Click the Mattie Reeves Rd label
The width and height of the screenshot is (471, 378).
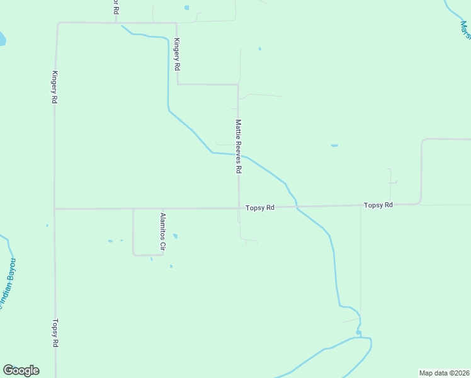[239, 146]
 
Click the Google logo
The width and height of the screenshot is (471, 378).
[21, 370]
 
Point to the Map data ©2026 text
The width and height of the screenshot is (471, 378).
[444, 373]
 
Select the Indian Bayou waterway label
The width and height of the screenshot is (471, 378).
[8, 283]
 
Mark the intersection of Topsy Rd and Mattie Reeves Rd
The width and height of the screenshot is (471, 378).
[238, 207]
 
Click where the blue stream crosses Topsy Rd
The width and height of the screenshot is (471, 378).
[297, 207]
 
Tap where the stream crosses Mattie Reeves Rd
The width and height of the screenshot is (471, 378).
[238, 154]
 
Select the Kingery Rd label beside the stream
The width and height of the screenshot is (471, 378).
[178, 54]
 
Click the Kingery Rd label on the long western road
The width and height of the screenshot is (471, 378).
[55, 86]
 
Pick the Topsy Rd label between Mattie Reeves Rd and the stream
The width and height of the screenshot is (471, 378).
[260, 207]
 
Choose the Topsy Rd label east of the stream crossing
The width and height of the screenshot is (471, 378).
[378, 205]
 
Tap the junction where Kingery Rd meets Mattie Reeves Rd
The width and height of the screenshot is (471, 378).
[238, 84]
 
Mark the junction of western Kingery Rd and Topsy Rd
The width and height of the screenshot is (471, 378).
[55, 209]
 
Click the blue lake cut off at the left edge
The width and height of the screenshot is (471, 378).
[2, 39]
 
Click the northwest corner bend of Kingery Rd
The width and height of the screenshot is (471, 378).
[58, 24]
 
